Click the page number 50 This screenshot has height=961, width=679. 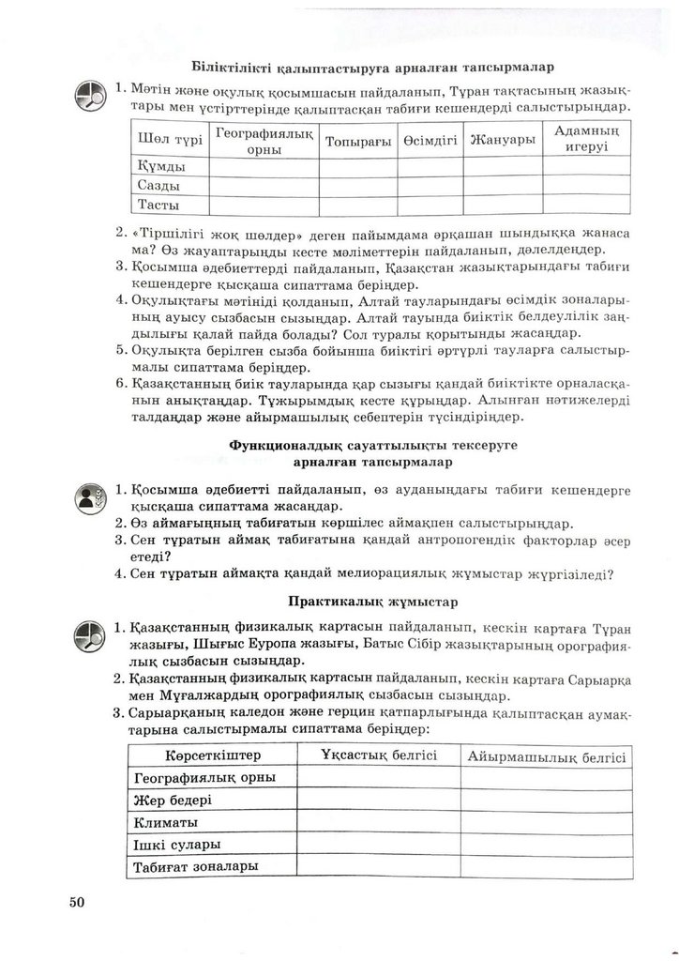pyautogui.click(x=77, y=902)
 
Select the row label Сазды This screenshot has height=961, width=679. pyautogui.click(x=158, y=185)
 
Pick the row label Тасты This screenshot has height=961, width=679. pyautogui.click(x=158, y=204)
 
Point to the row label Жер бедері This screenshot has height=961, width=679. pyautogui.click(x=174, y=800)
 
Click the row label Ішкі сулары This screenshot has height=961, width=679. pyautogui.click(x=177, y=845)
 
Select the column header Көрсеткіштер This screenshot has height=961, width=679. pyautogui.click(x=199, y=755)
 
